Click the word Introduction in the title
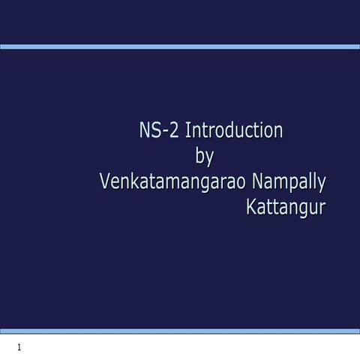click(x=233, y=130)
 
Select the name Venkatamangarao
click(x=173, y=182)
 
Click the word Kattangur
click(x=286, y=208)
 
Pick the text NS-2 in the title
click(x=157, y=130)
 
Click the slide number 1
click(x=19, y=347)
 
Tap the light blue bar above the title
click(x=180, y=46)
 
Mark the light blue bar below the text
click(x=180, y=331)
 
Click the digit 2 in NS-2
click(x=172, y=130)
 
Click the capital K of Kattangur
click(x=251, y=208)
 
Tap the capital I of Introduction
click(x=187, y=130)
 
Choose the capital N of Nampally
click(x=258, y=182)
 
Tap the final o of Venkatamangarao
click(x=243, y=184)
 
